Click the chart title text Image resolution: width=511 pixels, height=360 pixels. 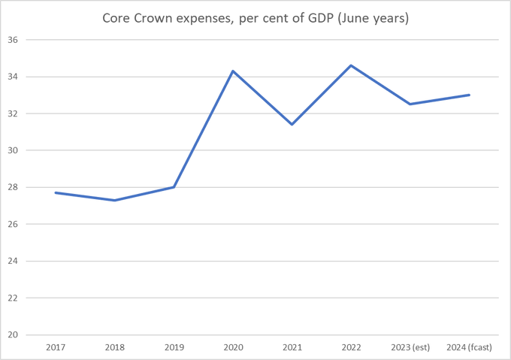tap(255, 18)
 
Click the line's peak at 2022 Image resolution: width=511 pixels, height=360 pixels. tap(351, 65)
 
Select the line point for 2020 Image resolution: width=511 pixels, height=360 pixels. tap(233, 71)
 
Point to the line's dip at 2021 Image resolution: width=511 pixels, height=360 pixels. tap(292, 124)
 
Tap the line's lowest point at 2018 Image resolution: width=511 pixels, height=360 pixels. tap(114, 200)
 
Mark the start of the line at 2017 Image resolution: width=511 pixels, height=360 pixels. tap(56, 192)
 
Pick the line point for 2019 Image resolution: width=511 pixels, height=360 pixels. tap(174, 187)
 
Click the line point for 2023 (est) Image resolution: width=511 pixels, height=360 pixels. tap(410, 104)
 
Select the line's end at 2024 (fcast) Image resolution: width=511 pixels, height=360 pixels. tap(469, 95)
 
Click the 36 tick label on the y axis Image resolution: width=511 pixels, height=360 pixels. tap(13, 40)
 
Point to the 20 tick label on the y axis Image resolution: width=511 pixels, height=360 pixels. tap(13, 334)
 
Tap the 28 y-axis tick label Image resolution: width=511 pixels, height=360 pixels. tap(13, 187)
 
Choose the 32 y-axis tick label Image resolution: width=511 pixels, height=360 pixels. tap(13, 113)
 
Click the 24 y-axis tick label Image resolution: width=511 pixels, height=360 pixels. tap(13, 261)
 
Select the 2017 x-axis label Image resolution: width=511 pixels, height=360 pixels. tap(56, 347)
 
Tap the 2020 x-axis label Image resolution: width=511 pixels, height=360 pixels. tap(233, 347)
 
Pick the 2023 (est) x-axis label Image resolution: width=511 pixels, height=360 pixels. tap(410, 347)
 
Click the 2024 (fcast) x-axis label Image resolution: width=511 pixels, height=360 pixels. tap(469, 347)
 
